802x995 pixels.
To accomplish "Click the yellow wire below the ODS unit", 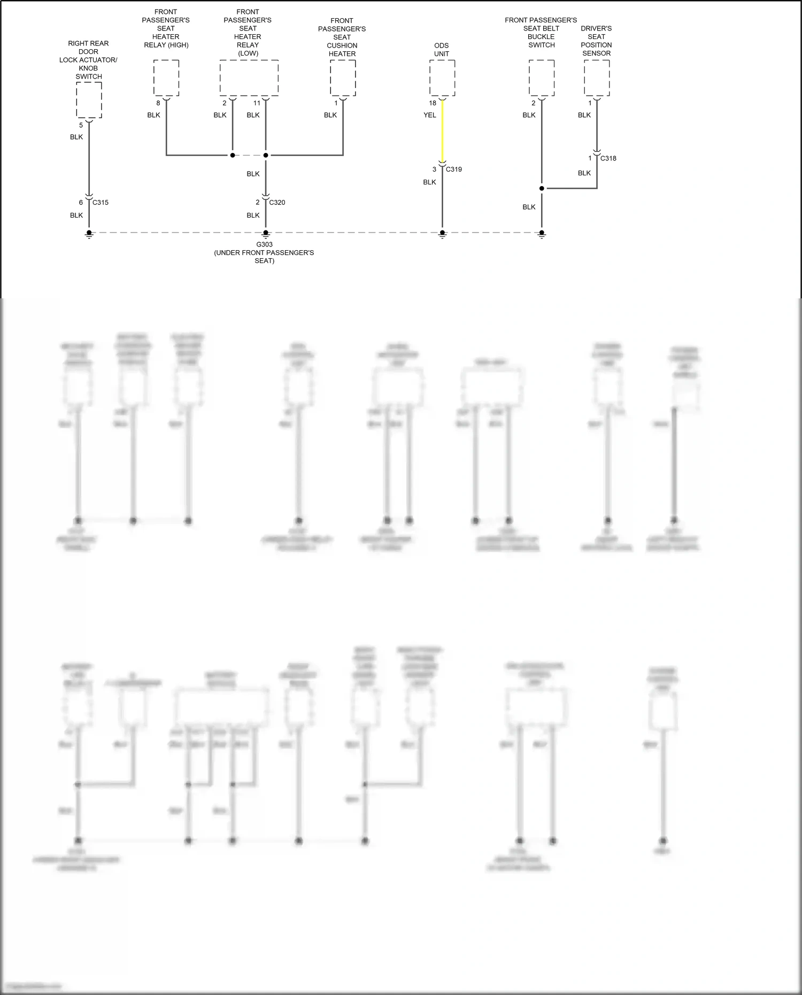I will click(442, 131).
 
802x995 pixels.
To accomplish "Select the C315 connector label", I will click(101, 203).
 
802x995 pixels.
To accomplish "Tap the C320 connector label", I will click(277, 203).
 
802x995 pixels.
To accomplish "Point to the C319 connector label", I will click(454, 169).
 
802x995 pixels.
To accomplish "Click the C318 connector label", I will click(608, 158).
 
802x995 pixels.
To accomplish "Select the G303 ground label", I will click(264, 244).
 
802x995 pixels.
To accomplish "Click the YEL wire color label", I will click(430, 115).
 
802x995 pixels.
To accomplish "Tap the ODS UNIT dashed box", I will click(442, 78).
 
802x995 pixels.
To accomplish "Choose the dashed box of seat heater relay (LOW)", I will click(249, 78).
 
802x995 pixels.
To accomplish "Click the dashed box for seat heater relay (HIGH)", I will click(166, 78).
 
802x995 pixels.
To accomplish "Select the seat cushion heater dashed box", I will click(343, 78).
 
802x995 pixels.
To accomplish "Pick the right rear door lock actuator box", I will click(89, 100).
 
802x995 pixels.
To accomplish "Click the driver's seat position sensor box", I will click(597, 78).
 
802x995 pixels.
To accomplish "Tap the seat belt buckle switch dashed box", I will click(542, 78).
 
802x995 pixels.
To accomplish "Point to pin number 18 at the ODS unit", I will click(433, 103).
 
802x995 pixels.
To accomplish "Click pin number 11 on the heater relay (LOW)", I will click(257, 103).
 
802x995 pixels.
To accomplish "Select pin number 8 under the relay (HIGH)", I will click(158, 103).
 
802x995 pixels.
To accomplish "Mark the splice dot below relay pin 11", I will click(266, 155).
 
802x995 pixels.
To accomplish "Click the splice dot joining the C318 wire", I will click(542, 188).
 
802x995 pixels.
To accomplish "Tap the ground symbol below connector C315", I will click(89, 234).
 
